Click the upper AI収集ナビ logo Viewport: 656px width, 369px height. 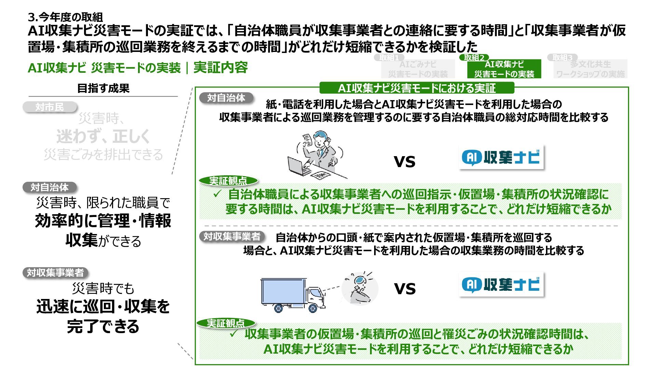pos(501,158)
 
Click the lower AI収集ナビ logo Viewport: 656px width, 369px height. pos(501,285)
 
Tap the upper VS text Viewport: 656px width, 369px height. pos(405,162)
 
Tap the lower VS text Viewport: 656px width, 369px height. pos(405,289)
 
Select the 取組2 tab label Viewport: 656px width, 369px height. pos(474,58)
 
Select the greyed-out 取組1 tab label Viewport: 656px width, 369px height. pos(388,58)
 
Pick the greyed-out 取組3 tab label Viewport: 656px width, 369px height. pos(562,58)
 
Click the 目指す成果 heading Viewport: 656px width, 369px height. pos(103,88)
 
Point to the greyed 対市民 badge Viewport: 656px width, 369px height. pos(50,107)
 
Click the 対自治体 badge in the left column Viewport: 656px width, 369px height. pos(50,187)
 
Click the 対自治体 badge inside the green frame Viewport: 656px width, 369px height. pos(226,98)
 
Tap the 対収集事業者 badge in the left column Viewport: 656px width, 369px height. pos(55,273)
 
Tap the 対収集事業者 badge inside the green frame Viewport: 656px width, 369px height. pos(232,236)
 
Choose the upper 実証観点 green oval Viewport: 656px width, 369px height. pos(228,181)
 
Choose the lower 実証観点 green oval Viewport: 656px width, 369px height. pos(226,323)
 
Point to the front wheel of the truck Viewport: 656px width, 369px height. pos(312,308)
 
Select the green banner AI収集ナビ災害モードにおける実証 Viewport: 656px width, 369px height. pos(416,88)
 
